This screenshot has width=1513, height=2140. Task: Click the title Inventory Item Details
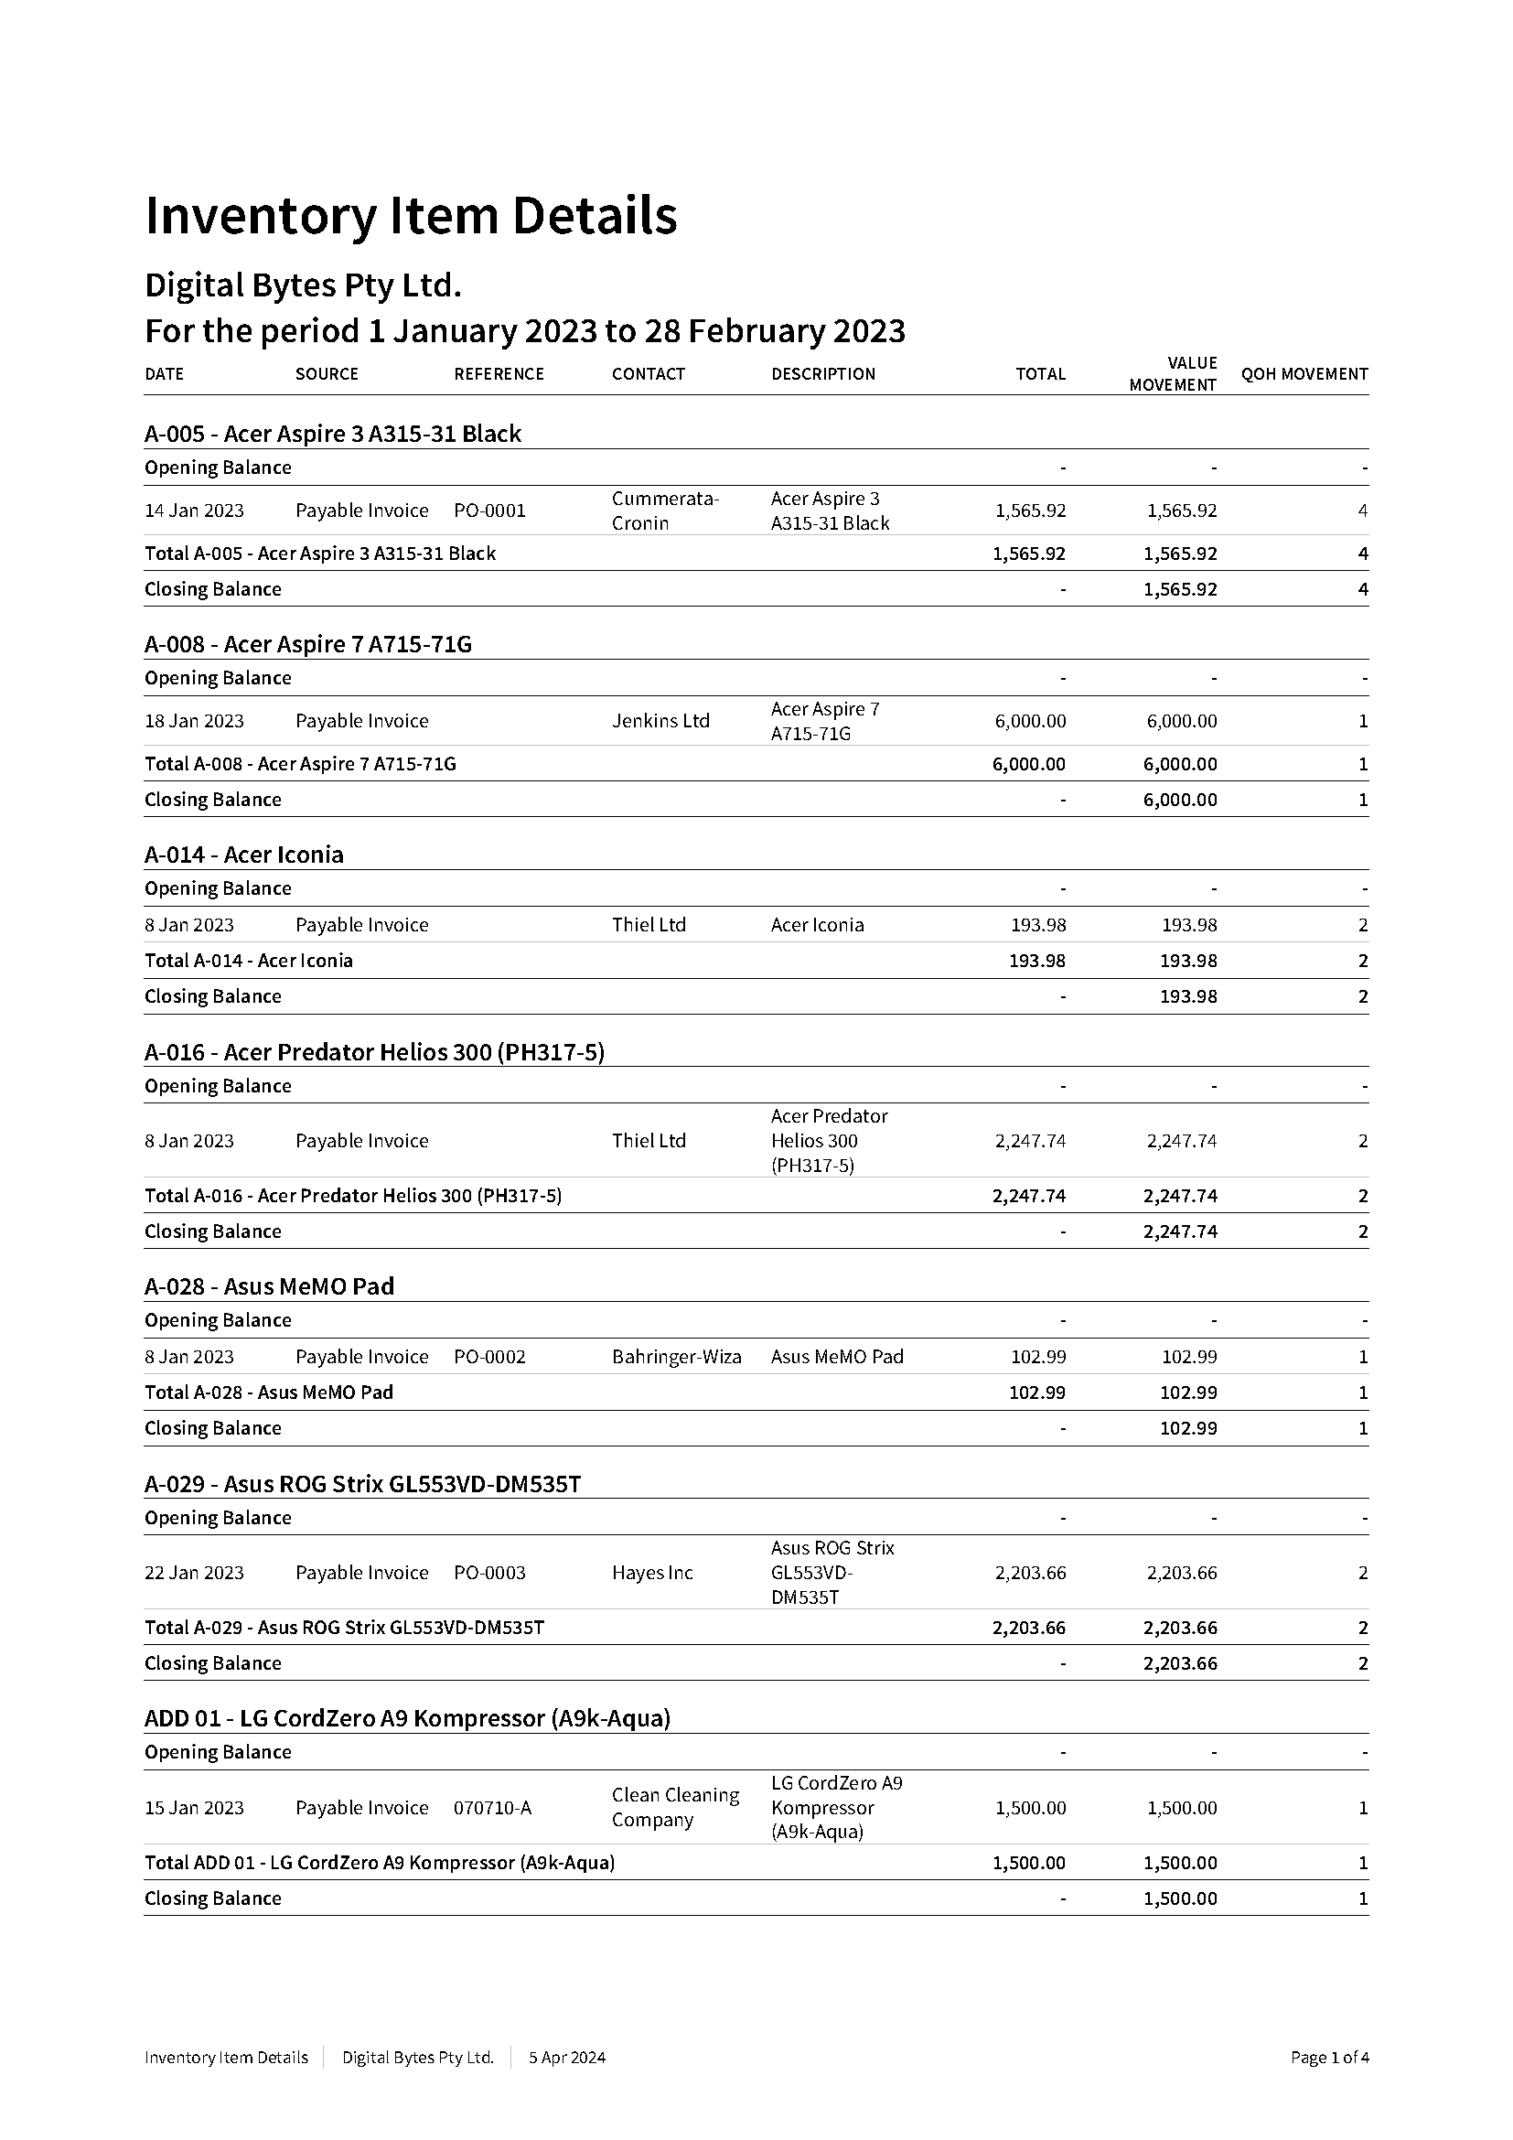[411, 216]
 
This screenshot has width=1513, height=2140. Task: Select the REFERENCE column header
[499, 374]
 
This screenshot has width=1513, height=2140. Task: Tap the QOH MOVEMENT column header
[1304, 374]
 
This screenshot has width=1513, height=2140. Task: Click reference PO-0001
[489, 511]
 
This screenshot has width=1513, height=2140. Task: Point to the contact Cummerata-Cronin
[665, 511]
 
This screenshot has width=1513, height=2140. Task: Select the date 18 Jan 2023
[194, 720]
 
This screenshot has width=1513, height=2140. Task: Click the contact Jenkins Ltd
[660, 720]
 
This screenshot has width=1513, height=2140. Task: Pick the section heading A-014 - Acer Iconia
[244, 855]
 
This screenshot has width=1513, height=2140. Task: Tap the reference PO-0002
[489, 1357]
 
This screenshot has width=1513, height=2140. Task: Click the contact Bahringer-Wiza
[676, 1357]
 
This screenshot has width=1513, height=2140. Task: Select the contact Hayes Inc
[652, 1574]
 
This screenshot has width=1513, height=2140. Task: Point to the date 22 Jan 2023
[194, 1574]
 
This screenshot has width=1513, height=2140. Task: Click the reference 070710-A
[492, 1808]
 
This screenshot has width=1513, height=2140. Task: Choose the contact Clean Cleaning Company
[675, 1808]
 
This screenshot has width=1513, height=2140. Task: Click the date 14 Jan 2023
[194, 511]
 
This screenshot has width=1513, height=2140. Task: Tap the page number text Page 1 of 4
[1328, 2057]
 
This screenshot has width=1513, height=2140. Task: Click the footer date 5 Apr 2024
[566, 2057]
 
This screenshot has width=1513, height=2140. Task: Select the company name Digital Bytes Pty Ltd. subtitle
[303, 285]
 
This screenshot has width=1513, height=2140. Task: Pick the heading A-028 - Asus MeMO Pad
[269, 1286]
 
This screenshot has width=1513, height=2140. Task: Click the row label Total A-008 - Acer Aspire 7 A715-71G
[300, 764]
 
